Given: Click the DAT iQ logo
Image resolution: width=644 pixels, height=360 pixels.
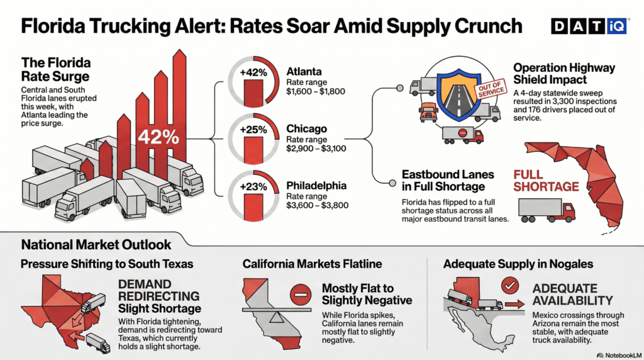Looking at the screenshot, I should (589, 25).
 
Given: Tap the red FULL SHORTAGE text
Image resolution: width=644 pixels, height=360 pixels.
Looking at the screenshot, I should (545, 180).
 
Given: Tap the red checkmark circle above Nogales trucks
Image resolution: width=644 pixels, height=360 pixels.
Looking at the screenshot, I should (509, 286).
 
